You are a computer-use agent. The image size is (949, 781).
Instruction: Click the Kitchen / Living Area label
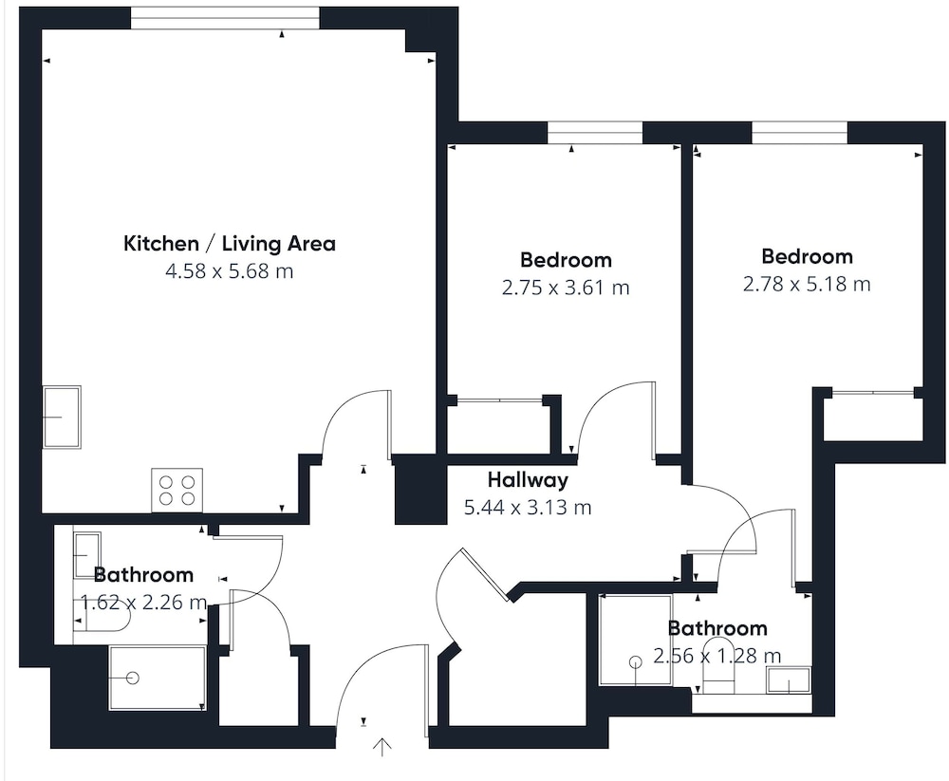tap(230, 243)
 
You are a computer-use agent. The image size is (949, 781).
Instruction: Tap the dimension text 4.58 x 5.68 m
tap(230, 270)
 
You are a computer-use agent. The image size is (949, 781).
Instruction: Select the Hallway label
tap(528, 480)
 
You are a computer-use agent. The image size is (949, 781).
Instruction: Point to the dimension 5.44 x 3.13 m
tap(528, 507)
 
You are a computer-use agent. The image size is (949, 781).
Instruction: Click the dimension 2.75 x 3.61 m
tap(566, 287)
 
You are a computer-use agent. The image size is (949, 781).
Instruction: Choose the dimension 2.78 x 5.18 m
tap(807, 284)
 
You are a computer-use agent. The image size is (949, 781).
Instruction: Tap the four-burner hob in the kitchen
tap(177, 491)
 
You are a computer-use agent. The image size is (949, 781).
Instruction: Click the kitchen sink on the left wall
tap(62, 418)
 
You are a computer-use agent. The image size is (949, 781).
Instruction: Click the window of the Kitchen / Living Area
tap(225, 18)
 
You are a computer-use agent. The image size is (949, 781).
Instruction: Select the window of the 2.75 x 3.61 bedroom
tap(595, 133)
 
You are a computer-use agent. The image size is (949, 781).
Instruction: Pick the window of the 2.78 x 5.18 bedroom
tap(799, 133)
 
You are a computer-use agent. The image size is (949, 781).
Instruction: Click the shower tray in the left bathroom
tap(158, 678)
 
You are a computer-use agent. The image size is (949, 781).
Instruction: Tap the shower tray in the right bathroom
tap(636, 640)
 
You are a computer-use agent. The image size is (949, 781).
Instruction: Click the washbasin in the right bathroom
tap(789, 680)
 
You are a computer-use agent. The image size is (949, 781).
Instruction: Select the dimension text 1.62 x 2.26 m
tap(144, 603)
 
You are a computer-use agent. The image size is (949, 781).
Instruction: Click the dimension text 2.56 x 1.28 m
tap(717, 656)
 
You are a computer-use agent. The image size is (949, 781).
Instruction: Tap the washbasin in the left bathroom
tap(87, 555)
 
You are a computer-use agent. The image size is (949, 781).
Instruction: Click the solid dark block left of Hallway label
tap(420, 489)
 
